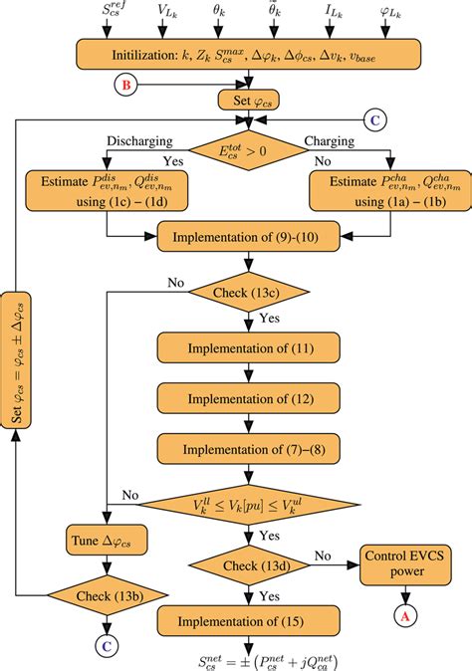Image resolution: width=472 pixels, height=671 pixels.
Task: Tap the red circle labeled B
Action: pyautogui.click(x=125, y=86)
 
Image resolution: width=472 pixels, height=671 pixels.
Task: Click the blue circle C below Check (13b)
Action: pyautogui.click(x=106, y=644)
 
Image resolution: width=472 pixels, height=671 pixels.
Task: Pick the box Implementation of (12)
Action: pyautogui.click(x=237, y=398)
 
